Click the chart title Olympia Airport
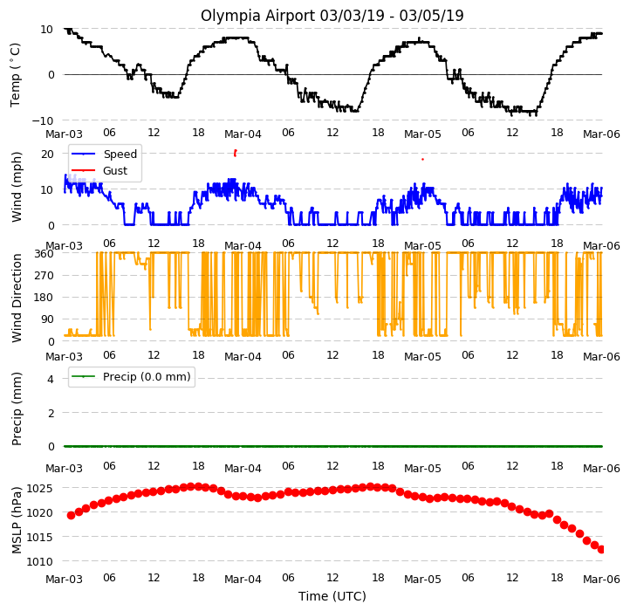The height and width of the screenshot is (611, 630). click(x=257, y=16)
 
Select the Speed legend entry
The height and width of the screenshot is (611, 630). click(x=104, y=154)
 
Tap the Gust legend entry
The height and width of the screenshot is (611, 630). click(x=99, y=170)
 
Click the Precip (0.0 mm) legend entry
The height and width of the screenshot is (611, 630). click(x=131, y=377)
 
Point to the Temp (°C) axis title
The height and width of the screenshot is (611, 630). click(x=15, y=75)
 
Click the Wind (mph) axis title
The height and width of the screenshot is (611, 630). click(x=16, y=187)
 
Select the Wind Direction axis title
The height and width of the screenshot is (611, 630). click(x=16, y=298)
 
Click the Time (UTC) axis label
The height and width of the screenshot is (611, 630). click(x=332, y=596)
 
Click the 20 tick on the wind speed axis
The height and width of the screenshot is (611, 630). click(x=47, y=154)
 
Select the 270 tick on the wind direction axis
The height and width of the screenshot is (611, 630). click(x=45, y=276)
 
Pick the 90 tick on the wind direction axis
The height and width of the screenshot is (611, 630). click(x=47, y=319)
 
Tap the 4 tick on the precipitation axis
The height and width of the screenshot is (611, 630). click(x=51, y=379)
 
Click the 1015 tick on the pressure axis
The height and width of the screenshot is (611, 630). click(x=40, y=537)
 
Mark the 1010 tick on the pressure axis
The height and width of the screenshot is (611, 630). click(x=40, y=561)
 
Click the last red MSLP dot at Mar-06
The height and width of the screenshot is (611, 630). click(x=600, y=550)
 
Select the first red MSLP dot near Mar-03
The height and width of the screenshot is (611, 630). click(x=72, y=515)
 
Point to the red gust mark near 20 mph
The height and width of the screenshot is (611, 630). click(x=235, y=153)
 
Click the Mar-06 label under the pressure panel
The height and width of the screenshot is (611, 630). click(x=601, y=580)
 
